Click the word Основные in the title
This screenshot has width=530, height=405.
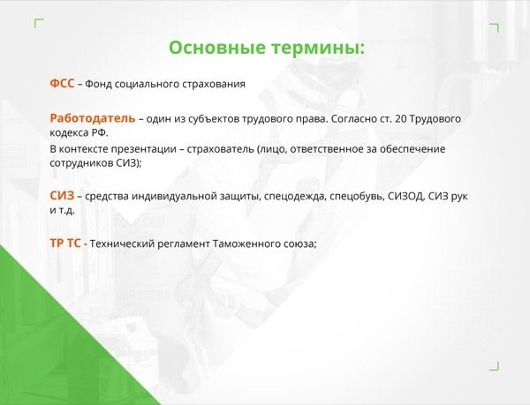(217, 48)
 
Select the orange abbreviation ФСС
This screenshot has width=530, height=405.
(62, 83)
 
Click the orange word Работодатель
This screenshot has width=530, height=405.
(93, 118)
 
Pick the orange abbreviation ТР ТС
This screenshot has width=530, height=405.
(65, 243)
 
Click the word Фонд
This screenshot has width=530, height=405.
(98, 84)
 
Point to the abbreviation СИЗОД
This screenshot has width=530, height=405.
(405, 196)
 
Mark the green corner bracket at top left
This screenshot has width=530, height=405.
(39, 23)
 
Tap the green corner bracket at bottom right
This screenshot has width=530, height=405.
(494, 366)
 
